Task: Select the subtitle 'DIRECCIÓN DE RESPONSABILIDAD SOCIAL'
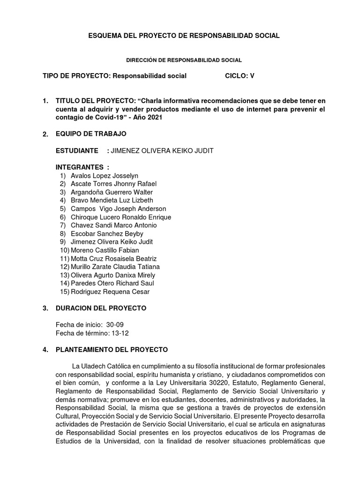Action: pos(184,60)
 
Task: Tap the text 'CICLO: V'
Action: pos(240,75)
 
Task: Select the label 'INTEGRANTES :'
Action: pos(82,167)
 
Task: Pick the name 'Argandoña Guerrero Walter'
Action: pos(112,192)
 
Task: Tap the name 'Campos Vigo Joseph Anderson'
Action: pos(118,209)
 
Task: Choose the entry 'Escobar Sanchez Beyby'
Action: pos(107,233)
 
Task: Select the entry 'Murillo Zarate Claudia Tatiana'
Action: pos(115,267)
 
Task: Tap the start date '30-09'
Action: pos(115,324)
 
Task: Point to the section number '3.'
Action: pos(45,308)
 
